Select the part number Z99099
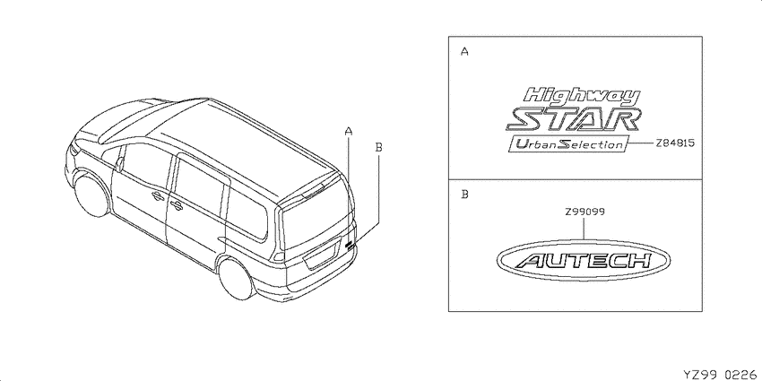click(x=584, y=212)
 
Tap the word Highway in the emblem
click(x=584, y=96)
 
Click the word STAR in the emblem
click(x=574, y=120)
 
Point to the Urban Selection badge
click(x=568, y=144)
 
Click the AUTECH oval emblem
click(x=584, y=261)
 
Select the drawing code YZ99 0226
click(x=721, y=374)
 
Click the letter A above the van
click(x=348, y=130)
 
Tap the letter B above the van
click(x=379, y=146)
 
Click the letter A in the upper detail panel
click(x=464, y=51)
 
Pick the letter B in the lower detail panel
click(x=464, y=195)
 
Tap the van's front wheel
click(x=91, y=195)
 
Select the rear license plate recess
click(x=321, y=255)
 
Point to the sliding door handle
click(x=175, y=204)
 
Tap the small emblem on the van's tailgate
click(x=350, y=245)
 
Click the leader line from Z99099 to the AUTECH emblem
click(x=584, y=229)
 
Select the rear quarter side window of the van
click(x=247, y=212)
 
